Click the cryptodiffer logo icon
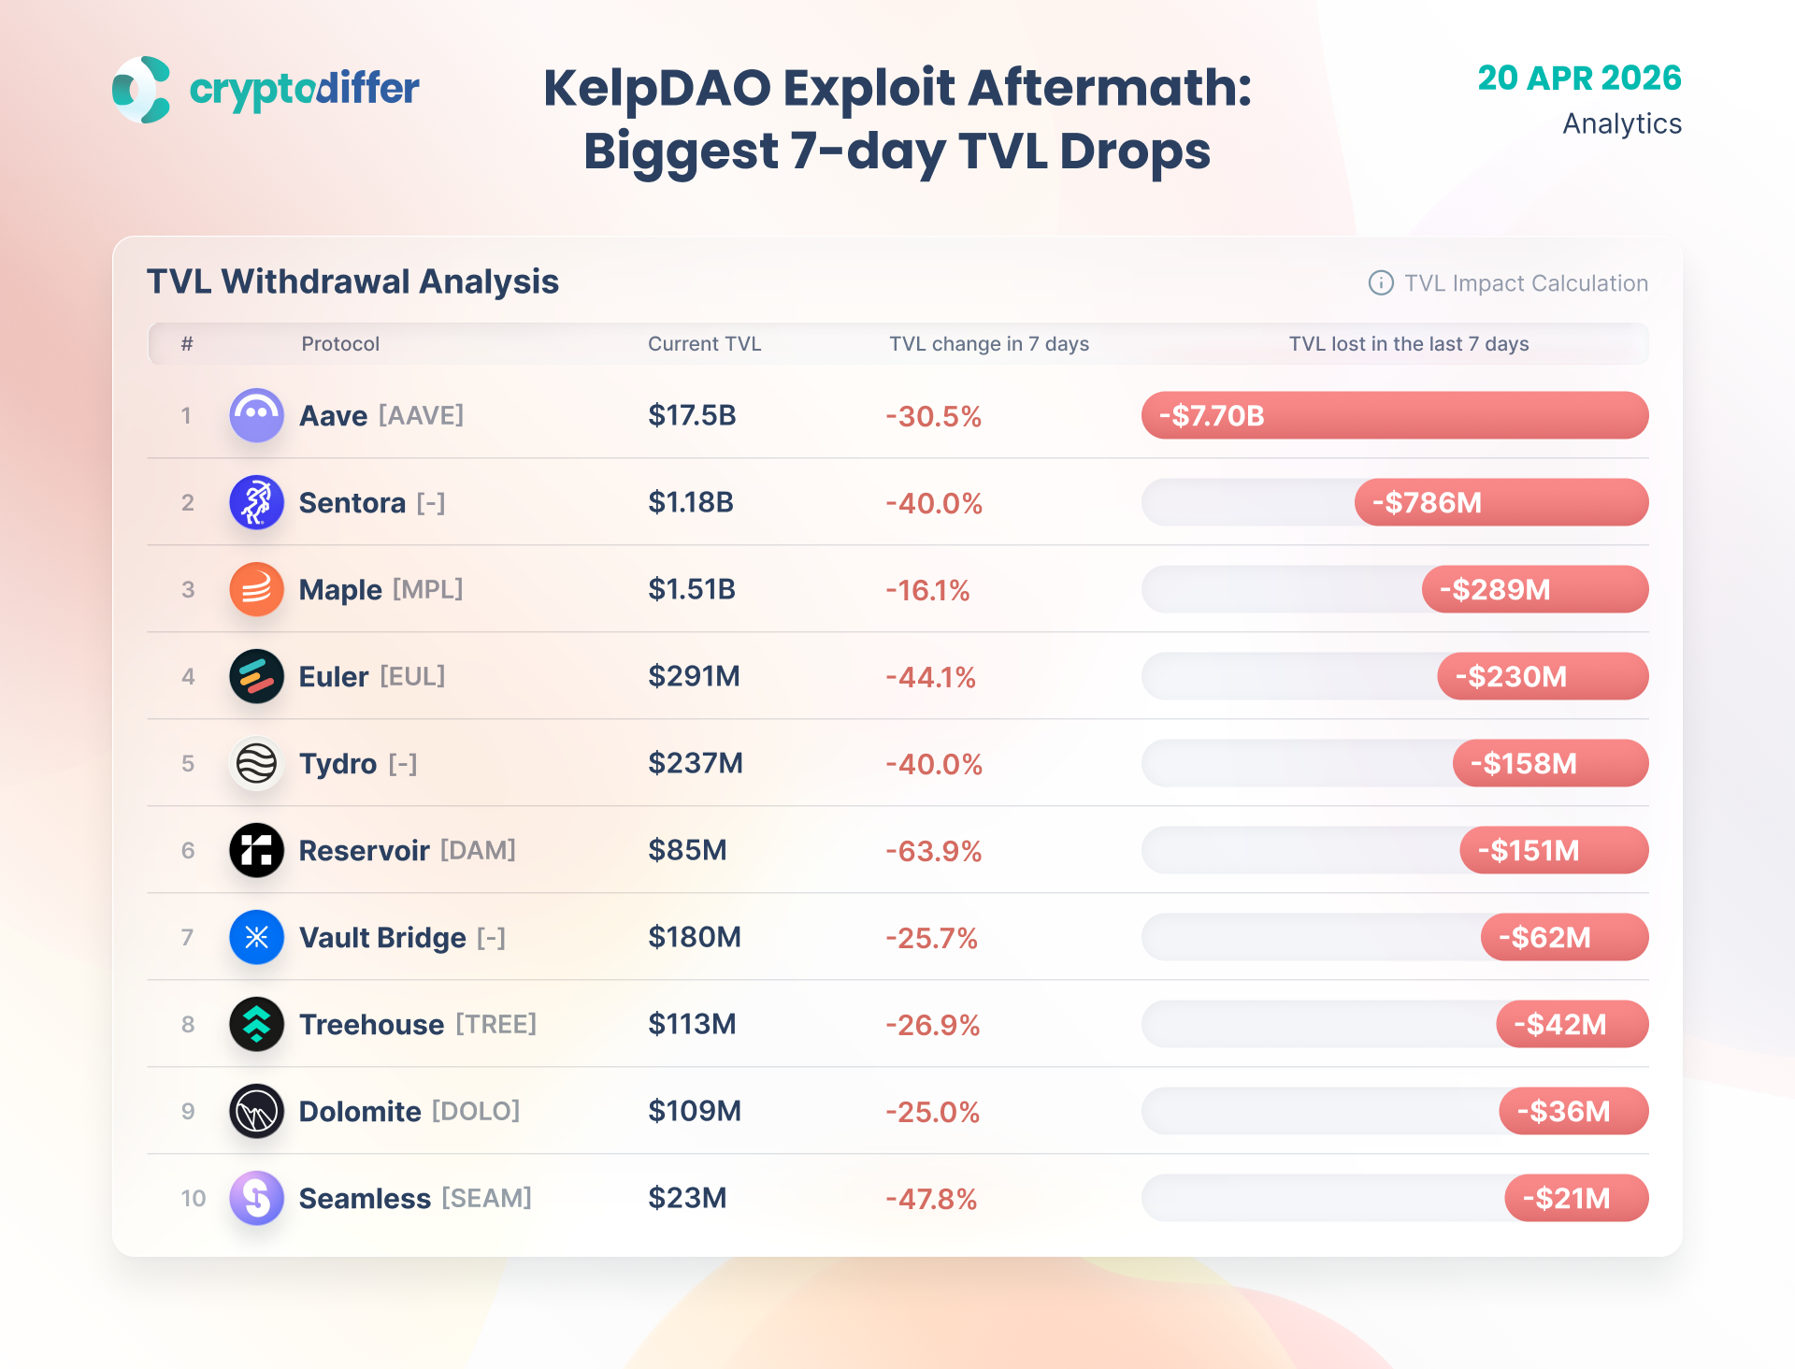(141, 90)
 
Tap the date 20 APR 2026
(1579, 78)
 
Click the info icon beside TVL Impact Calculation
(1381, 283)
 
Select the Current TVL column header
(704, 344)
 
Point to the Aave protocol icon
(256, 415)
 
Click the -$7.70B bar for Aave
(1394, 415)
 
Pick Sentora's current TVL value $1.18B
(691, 502)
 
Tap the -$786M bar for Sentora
(1501, 502)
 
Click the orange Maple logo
(256, 589)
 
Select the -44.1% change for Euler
(930, 677)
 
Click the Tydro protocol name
(337, 764)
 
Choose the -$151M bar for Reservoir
(1553, 850)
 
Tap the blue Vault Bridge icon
(256, 937)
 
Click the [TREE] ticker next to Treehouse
(495, 1024)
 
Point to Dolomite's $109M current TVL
(695, 1111)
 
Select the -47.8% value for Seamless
(931, 1199)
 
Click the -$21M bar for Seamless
(1575, 1198)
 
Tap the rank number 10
(194, 1198)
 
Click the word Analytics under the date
(1621, 123)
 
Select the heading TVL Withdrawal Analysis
(352, 281)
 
